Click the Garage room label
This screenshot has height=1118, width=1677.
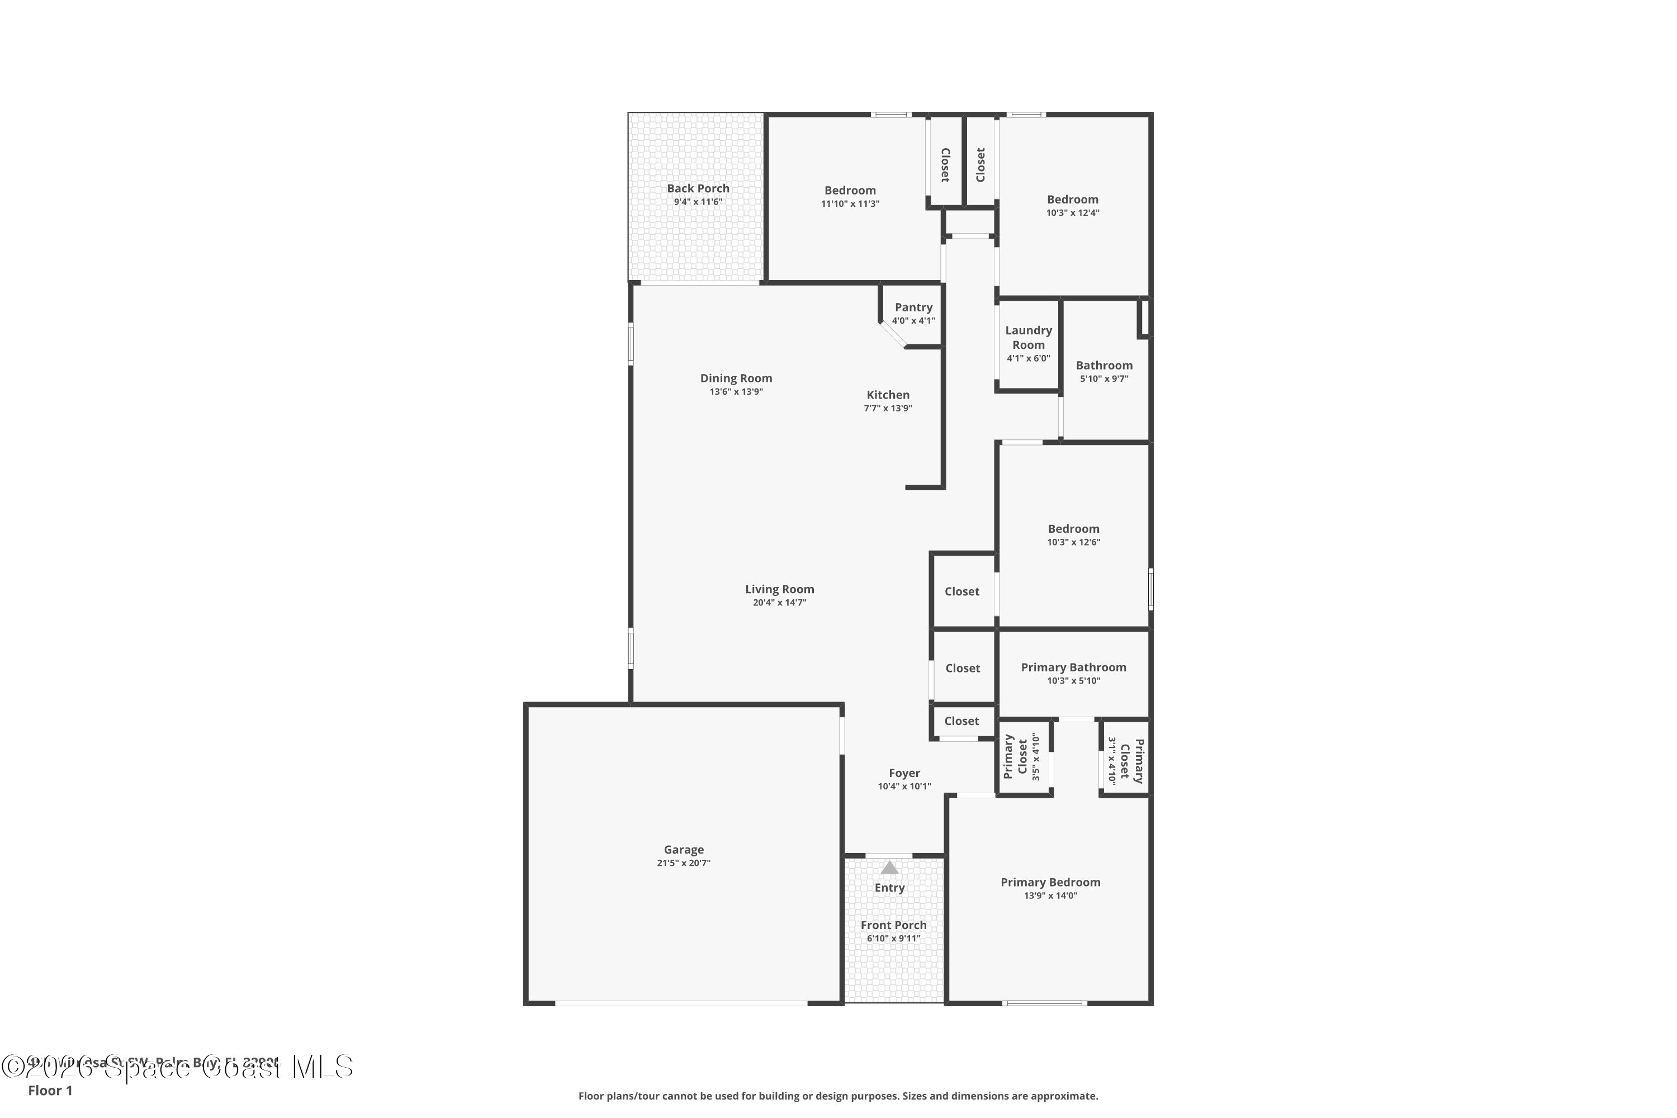pyautogui.click(x=683, y=849)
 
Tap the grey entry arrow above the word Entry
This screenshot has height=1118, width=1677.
pyautogui.click(x=889, y=868)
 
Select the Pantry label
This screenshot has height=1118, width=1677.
pyautogui.click(x=913, y=307)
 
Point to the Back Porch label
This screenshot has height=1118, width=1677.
pyautogui.click(x=698, y=188)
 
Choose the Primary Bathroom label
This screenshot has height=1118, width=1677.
pyautogui.click(x=1073, y=667)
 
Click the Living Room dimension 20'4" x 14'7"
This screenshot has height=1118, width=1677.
pyautogui.click(x=779, y=603)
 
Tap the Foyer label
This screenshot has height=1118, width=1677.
pyautogui.click(x=904, y=773)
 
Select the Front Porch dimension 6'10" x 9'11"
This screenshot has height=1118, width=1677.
pyautogui.click(x=893, y=939)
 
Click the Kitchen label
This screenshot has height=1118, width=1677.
pyautogui.click(x=888, y=395)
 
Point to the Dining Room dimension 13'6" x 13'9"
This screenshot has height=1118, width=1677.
pyautogui.click(x=736, y=391)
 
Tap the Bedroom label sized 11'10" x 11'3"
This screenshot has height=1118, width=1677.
pyautogui.click(x=850, y=191)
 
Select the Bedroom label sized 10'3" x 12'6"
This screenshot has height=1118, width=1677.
pyautogui.click(x=1073, y=529)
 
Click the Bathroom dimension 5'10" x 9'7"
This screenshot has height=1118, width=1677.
pyautogui.click(x=1103, y=378)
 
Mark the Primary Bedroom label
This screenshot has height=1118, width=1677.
pyautogui.click(x=1050, y=882)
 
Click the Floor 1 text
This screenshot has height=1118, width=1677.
pyautogui.click(x=50, y=1090)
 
